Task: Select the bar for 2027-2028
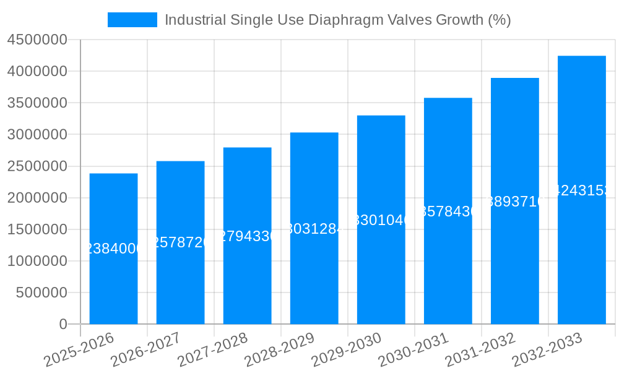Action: (247, 278)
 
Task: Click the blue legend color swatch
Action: (132, 20)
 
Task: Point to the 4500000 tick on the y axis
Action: (37, 40)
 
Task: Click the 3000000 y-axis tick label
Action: (37, 135)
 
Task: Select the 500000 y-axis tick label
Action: (41, 292)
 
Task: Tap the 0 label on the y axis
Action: (63, 324)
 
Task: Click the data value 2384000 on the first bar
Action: (113, 249)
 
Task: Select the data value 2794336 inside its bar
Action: (247, 236)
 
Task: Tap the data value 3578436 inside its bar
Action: (448, 211)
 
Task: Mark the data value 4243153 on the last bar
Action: (581, 190)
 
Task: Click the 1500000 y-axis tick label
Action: (37, 229)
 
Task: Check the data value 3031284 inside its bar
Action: (314, 229)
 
